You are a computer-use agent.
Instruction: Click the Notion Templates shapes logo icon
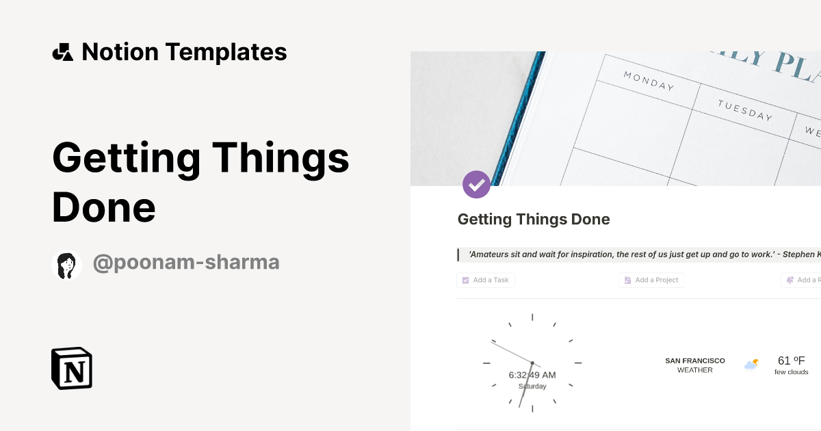(62, 52)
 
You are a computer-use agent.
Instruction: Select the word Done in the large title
(104, 207)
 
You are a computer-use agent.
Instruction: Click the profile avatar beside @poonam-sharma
(67, 265)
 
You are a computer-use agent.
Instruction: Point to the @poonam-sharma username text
(186, 263)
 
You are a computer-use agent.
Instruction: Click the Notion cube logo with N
(72, 368)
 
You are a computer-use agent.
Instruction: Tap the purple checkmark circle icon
(476, 184)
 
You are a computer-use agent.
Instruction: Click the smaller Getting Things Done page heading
(534, 220)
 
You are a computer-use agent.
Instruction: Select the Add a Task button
(486, 280)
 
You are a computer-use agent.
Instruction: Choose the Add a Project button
(651, 280)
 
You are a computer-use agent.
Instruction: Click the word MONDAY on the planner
(649, 81)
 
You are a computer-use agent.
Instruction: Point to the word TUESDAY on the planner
(744, 110)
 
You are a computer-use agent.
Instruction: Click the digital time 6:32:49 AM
(532, 375)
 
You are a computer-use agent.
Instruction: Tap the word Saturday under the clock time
(532, 387)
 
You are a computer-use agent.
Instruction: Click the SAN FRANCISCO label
(694, 361)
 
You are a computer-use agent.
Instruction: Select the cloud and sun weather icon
(751, 364)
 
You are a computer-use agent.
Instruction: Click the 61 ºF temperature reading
(791, 361)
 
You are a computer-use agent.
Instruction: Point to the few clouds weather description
(791, 372)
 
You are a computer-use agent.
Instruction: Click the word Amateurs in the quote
(490, 254)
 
